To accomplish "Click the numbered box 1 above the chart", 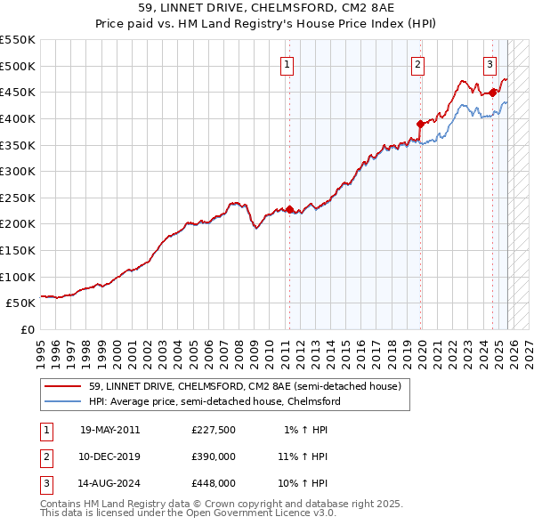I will point(288,63).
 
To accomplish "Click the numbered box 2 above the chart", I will point(417,63).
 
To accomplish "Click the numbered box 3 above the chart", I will point(490,63).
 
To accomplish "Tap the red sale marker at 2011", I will point(290,209).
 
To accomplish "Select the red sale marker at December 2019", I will point(420,124).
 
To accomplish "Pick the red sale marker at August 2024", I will point(493,93).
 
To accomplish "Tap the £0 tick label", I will point(27,329).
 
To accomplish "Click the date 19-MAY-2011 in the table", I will point(109,430).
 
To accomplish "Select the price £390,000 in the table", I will point(214,456).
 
